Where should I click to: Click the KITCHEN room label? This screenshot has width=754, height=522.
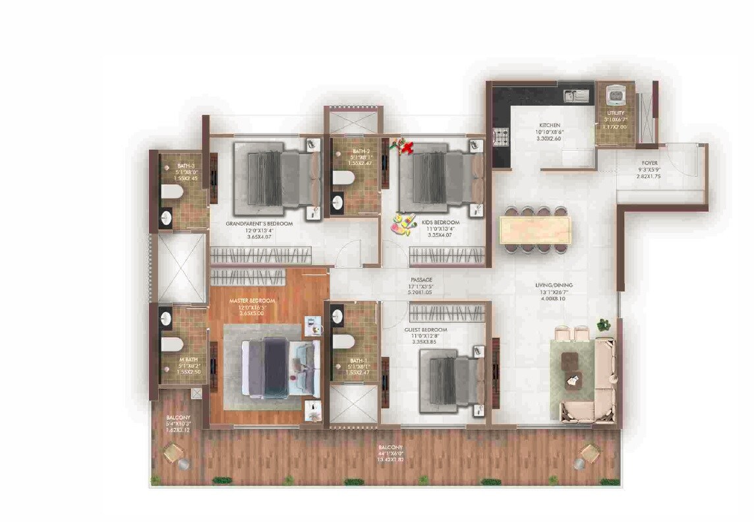pos(549,125)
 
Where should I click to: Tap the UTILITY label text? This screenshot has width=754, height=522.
pos(616,113)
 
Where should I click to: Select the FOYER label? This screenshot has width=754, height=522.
pos(650,162)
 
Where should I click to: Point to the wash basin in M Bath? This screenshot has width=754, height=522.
pos(165,320)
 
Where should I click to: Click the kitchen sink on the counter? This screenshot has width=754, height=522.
pos(576,96)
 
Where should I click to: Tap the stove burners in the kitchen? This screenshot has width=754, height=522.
pos(501,137)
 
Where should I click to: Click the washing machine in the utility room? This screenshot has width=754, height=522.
pos(616,96)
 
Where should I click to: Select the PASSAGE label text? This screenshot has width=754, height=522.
pos(421,280)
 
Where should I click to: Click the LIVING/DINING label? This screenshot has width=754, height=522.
pos(554,285)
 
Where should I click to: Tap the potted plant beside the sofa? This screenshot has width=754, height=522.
pos(603,324)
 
